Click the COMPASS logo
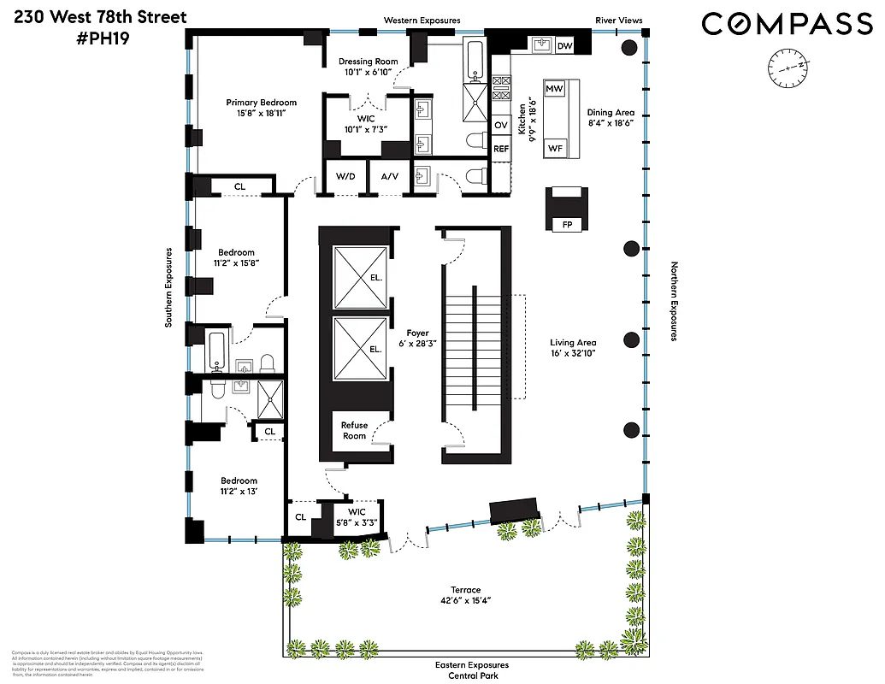788,24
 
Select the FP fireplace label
567,225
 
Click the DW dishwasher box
564,45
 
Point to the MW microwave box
554,89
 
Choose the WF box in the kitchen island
556,148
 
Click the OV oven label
501,125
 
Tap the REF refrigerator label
501,149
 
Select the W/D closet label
345,177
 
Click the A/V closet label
389,177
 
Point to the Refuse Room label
354,430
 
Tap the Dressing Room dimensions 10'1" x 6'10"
367,73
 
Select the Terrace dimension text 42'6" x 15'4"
466,601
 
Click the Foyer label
417,333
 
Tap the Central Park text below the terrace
471,675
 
